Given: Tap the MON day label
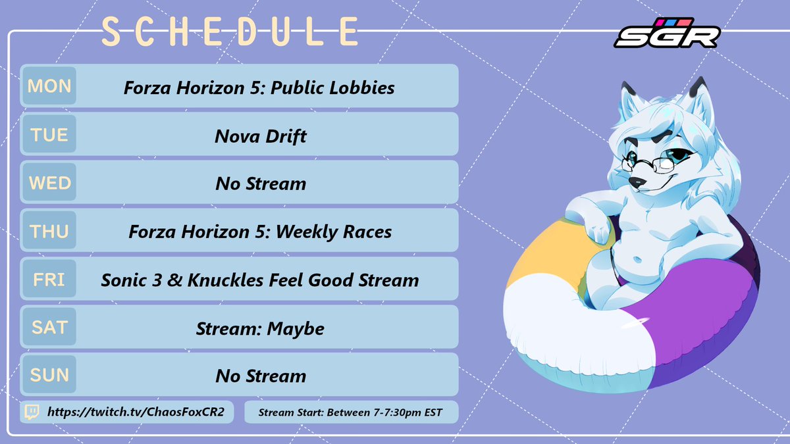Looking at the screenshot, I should point(49,86).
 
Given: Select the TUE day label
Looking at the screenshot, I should point(49,135).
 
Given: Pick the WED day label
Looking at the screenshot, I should point(49,183).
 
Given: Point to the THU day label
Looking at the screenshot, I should point(49,231).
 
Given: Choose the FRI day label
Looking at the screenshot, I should point(49,280).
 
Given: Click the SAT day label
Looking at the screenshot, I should point(49,327).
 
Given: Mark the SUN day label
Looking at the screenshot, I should point(49,375).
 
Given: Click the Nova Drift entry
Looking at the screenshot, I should point(261,136).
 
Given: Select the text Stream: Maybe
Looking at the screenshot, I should point(261,328).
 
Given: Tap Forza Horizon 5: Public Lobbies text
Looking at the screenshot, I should point(259,87).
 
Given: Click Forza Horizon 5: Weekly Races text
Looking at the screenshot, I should point(260,232).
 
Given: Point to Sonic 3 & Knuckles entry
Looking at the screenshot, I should point(260,280).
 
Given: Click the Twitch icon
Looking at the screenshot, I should point(32,412).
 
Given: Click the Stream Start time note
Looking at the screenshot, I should point(350,412).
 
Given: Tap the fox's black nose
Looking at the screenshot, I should point(633,182).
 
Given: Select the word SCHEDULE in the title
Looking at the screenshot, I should point(230,32).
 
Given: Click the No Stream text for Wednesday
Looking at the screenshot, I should point(261,184).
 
